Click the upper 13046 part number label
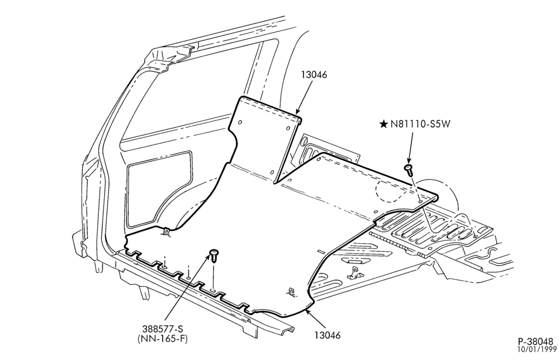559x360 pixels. click(314, 75)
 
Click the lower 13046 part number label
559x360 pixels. click(328, 335)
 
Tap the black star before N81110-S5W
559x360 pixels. click(383, 124)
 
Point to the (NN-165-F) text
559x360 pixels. click(163, 339)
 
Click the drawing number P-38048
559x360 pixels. click(537, 342)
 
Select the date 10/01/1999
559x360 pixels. click(538, 349)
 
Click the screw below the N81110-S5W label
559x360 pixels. click(409, 170)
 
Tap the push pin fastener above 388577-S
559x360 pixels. click(214, 255)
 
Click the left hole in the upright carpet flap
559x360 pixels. click(240, 122)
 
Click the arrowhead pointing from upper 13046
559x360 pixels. click(297, 112)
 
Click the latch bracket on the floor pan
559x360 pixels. click(355, 273)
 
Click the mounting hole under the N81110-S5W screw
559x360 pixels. click(421, 202)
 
